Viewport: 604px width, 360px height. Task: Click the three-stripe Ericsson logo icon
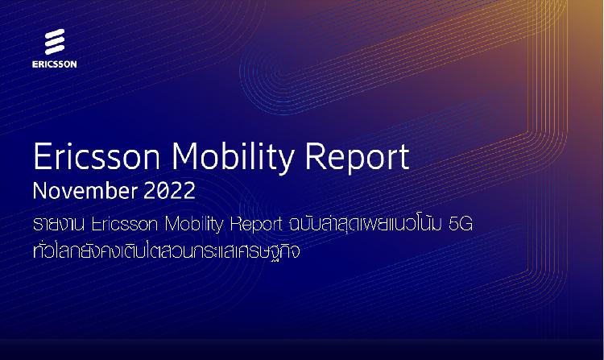[55, 42]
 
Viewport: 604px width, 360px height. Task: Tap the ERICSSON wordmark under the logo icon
[54, 64]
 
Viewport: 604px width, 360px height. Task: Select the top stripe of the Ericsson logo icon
[55, 34]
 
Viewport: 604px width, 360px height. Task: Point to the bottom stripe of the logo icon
[55, 50]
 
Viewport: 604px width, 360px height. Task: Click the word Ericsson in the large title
[97, 157]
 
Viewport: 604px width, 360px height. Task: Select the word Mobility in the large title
[233, 159]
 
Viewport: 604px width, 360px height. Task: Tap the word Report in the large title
[357, 159]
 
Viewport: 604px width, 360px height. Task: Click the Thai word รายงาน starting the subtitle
[59, 224]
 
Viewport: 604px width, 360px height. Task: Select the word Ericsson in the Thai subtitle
[125, 224]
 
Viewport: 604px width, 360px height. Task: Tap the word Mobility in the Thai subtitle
[194, 225]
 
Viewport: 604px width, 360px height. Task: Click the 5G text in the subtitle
[461, 224]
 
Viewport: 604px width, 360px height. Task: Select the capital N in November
[40, 191]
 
